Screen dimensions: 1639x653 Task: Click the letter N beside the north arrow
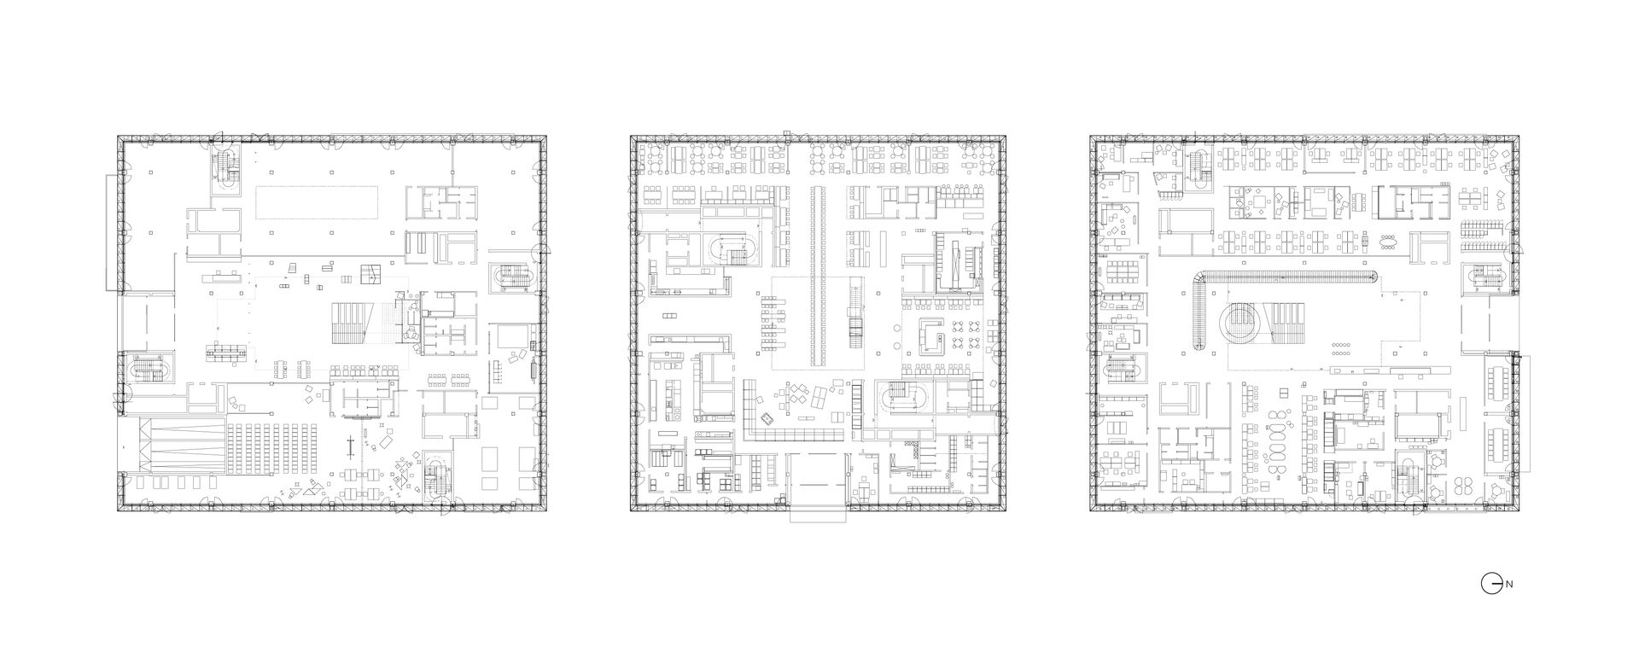point(1509,585)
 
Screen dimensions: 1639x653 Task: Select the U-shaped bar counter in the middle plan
point(930,335)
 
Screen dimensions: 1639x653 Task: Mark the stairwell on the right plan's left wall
point(1123,370)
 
